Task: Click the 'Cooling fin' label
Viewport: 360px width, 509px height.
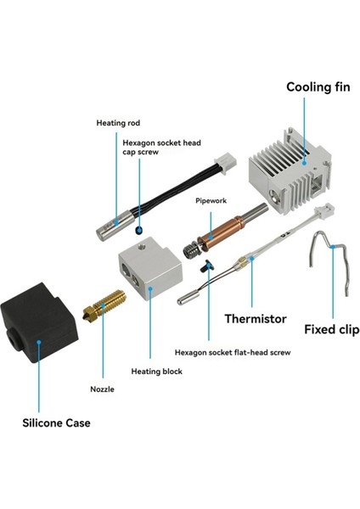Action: [x=318, y=87]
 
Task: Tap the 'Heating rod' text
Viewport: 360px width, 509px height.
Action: [x=118, y=123]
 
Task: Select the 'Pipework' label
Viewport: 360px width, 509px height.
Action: [x=211, y=200]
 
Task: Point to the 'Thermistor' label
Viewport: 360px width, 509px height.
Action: [x=256, y=318]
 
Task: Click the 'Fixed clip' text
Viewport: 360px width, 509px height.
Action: [x=331, y=329]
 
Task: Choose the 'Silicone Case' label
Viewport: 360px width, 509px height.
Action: [x=56, y=423]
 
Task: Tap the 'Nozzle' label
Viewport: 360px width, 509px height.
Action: [x=103, y=389]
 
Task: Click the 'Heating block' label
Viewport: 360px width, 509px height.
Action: [x=156, y=372]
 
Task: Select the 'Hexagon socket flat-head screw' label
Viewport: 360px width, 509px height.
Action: [x=233, y=353]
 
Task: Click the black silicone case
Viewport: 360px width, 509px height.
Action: [x=40, y=323]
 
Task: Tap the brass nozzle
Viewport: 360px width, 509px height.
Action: [x=104, y=305]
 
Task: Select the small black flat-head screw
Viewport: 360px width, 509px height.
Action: [x=207, y=266]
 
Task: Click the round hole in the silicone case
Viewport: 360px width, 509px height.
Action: [x=13, y=340]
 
